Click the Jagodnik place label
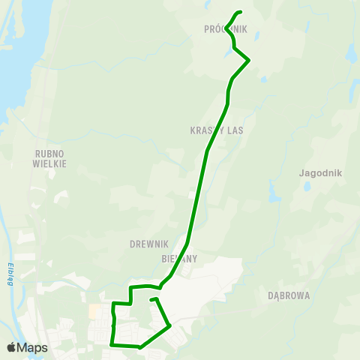click(320, 172)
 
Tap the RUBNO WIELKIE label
click(50, 158)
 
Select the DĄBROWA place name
click(289, 295)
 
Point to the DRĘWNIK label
click(148, 244)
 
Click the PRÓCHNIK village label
click(225, 29)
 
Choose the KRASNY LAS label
click(217, 130)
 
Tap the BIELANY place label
click(178, 258)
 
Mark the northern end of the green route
click(241, 12)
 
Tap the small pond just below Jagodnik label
click(307, 187)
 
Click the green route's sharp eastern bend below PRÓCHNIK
click(248, 60)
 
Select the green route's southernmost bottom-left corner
click(112, 344)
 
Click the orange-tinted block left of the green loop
click(94, 310)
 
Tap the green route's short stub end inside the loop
click(151, 300)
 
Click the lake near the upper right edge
click(351, 55)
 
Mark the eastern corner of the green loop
click(170, 325)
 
